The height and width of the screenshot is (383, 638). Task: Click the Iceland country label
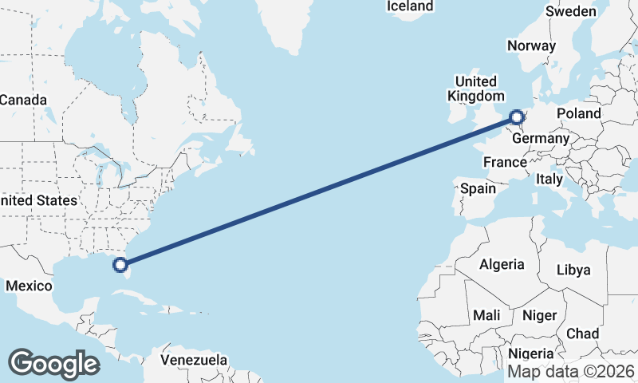click(x=410, y=6)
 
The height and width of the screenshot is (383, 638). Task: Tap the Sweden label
click(x=570, y=11)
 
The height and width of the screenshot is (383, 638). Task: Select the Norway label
click(x=531, y=45)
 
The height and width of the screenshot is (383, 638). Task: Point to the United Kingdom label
click(x=475, y=89)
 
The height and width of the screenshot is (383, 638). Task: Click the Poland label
click(x=579, y=113)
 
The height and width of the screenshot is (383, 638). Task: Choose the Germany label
click(x=541, y=138)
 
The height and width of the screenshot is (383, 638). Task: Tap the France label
click(x=506, y=162)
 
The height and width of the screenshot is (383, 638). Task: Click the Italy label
click(x=549, y=179)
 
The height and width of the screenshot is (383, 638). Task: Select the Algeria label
click(x=502, y=264)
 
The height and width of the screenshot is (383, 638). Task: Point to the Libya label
click(x=573, y=270)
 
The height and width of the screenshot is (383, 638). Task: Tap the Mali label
click(x=486, y=315)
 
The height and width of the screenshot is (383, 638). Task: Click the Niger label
click(x=539, y=315)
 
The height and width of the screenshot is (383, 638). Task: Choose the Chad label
click(x=582, y=333)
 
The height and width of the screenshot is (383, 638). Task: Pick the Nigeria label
click(x=530, y=353)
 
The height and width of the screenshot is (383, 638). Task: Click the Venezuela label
click(x=193, y=360)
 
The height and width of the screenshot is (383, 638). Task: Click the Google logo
click(x=53, y=364)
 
